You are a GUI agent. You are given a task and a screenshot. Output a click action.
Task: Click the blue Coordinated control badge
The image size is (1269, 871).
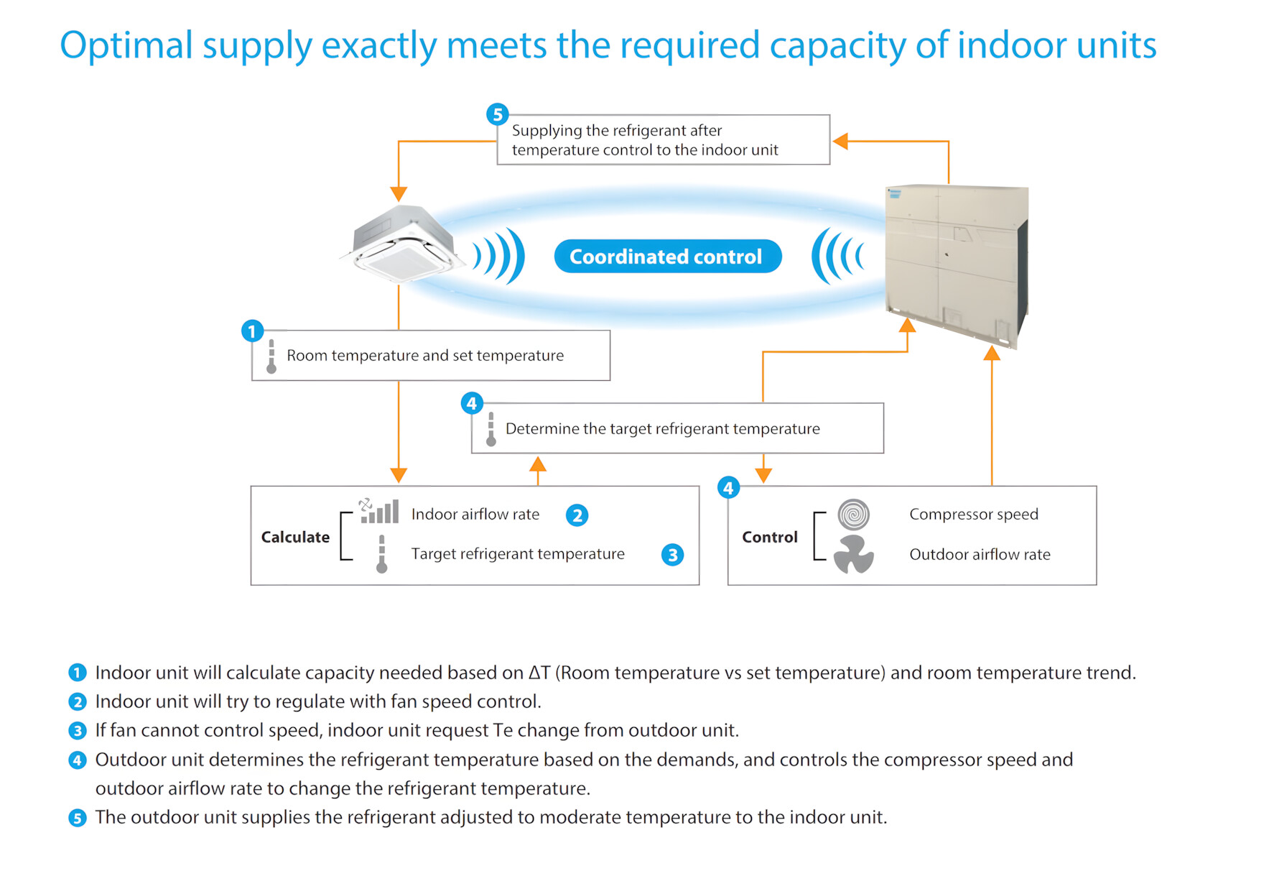click(x=667, y=257)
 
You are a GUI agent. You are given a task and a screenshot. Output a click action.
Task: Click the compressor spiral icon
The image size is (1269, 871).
click(x=853, y=515)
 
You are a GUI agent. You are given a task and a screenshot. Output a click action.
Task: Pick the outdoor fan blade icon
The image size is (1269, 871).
click(x=853, y=554)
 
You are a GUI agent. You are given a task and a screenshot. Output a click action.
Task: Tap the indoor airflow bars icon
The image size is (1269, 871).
click(x=378, y=511)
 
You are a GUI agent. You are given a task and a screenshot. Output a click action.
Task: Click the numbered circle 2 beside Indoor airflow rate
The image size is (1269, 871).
click(x=577, y=515)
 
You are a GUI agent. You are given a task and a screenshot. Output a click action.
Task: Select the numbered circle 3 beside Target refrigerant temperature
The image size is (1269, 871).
click(x=672, y=555)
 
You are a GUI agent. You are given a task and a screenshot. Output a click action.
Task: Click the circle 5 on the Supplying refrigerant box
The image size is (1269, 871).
click(x=498, y=114)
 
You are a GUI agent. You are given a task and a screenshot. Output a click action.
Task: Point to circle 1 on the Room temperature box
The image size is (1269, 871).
click(x=252, y=331)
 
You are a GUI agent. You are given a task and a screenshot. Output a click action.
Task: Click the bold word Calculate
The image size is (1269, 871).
click(x=295, y=537)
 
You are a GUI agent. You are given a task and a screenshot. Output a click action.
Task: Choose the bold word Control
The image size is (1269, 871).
click(x=770, y=537)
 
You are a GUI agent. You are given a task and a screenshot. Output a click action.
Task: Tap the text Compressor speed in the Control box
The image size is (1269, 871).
click(x=974, y=515)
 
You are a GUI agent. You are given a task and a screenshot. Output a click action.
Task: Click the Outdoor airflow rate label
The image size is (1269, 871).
click(x=980, y=554)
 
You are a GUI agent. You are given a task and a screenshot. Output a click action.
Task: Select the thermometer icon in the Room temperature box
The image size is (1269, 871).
click(x=271, y=356)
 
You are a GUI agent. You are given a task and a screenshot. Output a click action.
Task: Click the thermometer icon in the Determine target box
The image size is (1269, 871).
click(x=491, y=429)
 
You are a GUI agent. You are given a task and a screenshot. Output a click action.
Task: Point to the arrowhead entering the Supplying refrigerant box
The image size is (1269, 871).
click(x=840, y=141)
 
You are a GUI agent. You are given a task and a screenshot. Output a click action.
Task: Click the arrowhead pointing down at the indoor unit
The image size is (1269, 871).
click(x=399, y=194)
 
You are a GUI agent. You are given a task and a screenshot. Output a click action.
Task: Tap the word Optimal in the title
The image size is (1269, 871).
click(x=126, y=45)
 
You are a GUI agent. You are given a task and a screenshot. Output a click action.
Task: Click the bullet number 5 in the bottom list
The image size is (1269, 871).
click(x=78, y=818)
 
